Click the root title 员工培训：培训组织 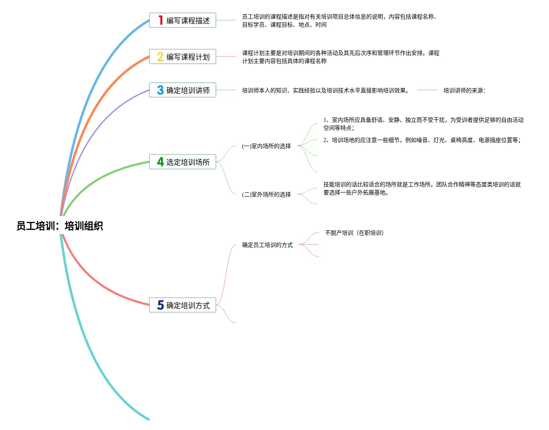tap(60, 225)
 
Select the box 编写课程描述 tap(182, 20)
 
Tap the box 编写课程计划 tap(182, 56)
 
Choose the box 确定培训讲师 tap(182, 90)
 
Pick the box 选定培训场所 tap(182, 162)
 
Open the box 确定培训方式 tap(182, 305)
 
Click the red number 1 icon tap(160, 20)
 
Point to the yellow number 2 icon tap(160, 56)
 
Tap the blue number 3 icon tap(160, 90)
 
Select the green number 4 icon tap(160, 162)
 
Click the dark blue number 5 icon tap(160, 305)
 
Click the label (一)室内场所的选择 tap(266, 146)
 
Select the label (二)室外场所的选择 tap(266, 194)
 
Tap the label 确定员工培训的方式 tap(267, 245)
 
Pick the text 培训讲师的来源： tap(465, 90)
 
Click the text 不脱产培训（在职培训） tap(354, 233)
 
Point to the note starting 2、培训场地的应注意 tap(422, 140)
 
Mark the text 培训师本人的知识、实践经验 tap(325, 90)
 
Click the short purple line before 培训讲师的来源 tap(427, 90)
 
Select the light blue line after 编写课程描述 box tap(226, 20)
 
